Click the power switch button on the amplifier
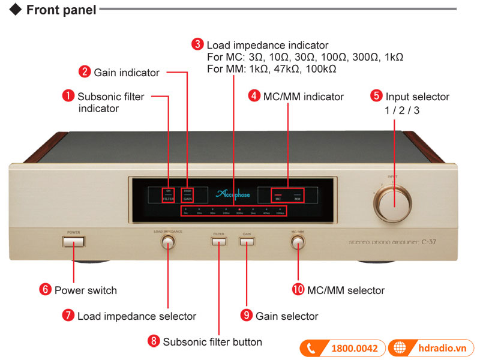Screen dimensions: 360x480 coord(74,242)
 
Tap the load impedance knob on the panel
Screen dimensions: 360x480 coord(167,242)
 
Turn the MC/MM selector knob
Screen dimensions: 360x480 coord(298,242)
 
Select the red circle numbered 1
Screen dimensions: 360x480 coord(69,95)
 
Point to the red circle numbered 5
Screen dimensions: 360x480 coord(376,96)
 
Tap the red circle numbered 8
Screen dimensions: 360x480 coord(154,341)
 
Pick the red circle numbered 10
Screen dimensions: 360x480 coord(298,290)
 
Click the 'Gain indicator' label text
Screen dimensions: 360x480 coord(127,73)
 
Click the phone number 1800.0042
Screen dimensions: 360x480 coord(355,348)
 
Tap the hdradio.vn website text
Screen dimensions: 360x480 coord(442,348)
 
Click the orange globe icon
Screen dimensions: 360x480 coord(399,348)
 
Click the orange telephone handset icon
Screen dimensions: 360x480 coord(311,348)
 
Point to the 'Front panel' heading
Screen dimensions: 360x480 coord(61,10)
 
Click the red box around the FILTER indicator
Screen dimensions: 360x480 coord(168,194)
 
